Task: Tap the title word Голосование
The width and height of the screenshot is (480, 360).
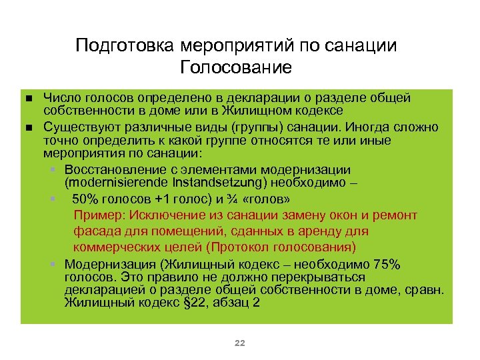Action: (236, 68)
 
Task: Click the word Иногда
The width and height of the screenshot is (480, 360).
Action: (369, 126)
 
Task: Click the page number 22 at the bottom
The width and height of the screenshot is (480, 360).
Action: (240, 343)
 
